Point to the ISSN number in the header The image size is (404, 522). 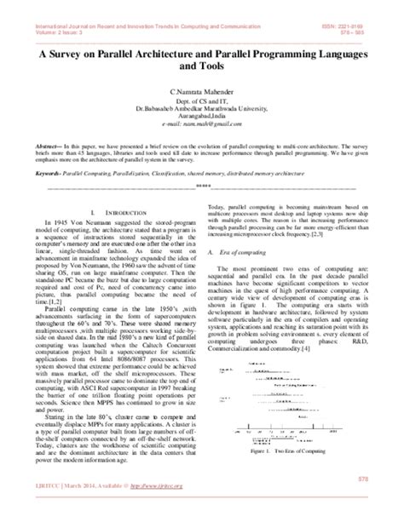click(x=357, y=5)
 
